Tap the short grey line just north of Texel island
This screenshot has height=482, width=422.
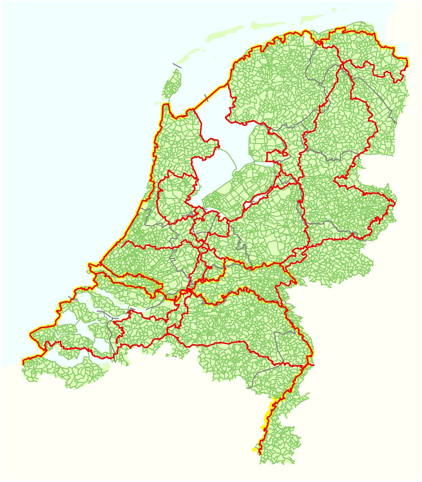click(177, 66)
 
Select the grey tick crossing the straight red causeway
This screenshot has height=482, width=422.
click(207, 97)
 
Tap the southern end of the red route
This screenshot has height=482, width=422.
click(259, 453)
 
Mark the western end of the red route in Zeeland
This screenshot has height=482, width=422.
click(23, 364)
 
